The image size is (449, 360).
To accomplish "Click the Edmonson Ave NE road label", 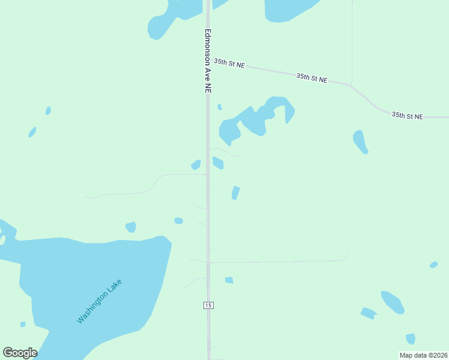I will pos(208,61).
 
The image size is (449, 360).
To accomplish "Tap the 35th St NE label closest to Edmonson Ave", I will pos(229,63).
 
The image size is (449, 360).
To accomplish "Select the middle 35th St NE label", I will pos(312,78).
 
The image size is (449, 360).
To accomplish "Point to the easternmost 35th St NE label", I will pos(408,115).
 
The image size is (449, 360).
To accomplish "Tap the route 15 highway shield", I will pos(208,305).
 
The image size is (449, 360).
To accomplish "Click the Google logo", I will pos(20,353).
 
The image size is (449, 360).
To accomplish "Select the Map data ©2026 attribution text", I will pos(423,355).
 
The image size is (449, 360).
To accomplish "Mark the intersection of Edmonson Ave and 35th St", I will pos(208,58).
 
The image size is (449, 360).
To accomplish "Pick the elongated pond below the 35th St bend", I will pos(360,142).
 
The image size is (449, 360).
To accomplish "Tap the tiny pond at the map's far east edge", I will pos(433,265).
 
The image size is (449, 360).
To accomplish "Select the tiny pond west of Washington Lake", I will pos(23,325).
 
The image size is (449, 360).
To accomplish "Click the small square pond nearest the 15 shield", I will pos(229,280).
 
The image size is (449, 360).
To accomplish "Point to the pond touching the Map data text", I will pos(411,339).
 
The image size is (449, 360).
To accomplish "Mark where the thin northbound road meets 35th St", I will pos(352,84).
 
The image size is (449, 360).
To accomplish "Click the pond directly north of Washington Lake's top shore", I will pos(131,227).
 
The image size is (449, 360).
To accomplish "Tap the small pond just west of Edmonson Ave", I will pos(196,164).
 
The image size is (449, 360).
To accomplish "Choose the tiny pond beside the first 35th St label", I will pos(220,107).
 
